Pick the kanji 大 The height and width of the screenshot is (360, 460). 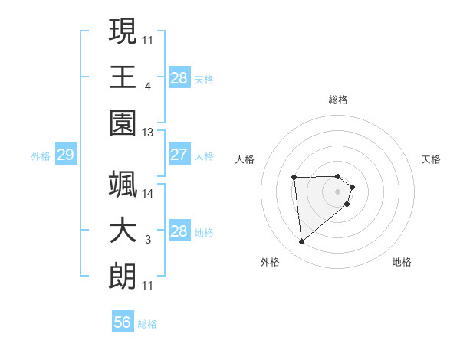pyautogui.click(x=123, y=230)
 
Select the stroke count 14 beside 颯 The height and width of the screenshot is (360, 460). pyautogui.click(x=148, y=193)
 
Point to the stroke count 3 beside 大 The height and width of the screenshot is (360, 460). pyautogui.click(x=148, y=241)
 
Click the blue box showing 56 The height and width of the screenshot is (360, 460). pyautogui.click(x=123, y=322)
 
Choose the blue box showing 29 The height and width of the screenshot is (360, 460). pyautogui.click(x=65, y=155)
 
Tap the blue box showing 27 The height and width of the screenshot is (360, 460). pyautogui.click(x=179, y=155)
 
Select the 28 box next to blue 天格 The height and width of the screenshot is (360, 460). pyautogui.click(x=179, y=77)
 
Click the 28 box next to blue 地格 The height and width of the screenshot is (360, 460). pyautogui.click(x=179, y=231)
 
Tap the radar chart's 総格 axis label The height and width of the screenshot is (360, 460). pyautogui.click(x=337, y=100)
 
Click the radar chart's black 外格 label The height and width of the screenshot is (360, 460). pyautogui.click(x=270, y=262)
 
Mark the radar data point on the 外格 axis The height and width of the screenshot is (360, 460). pyautogui.click(x=302, y=242)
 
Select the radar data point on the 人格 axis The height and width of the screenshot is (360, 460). pyautogui.click(x=294, y=178)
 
